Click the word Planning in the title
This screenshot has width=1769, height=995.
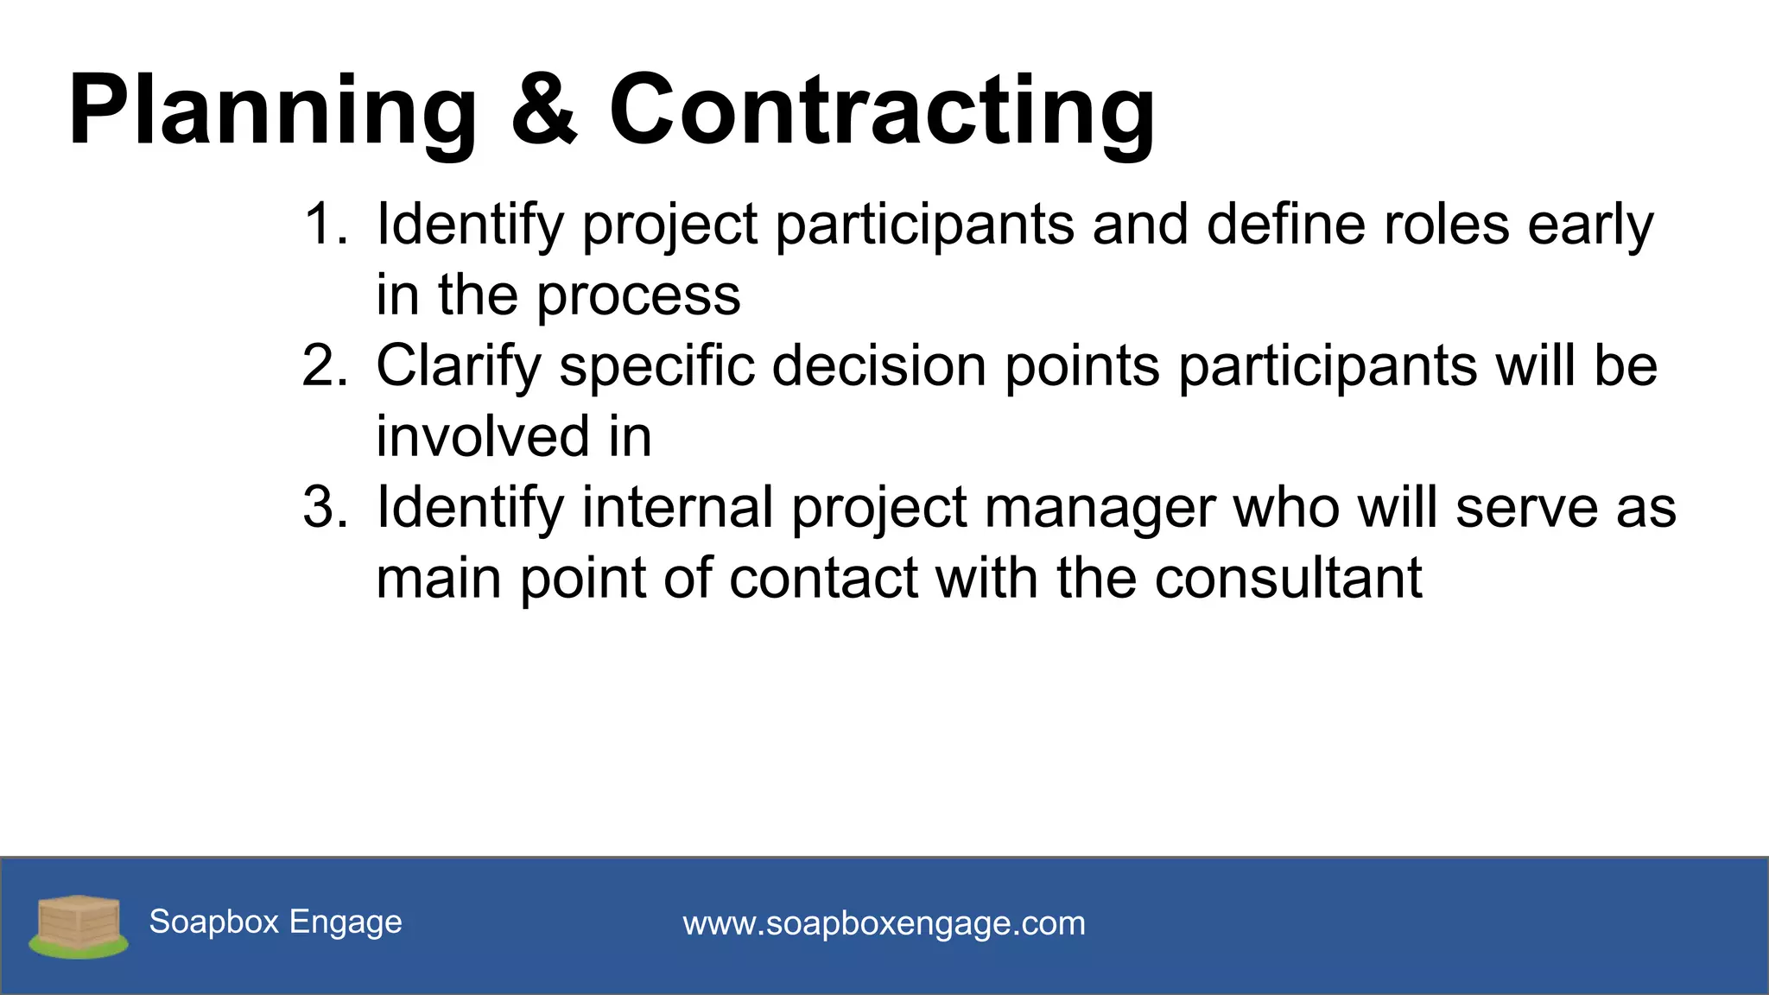[x=272, y=112]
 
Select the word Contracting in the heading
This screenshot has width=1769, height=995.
[x=881, y=112]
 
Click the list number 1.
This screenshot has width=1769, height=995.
[x=324, y=225]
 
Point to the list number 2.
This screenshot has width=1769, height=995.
[x=324, y=365]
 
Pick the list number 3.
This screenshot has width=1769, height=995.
[x=324, y=507]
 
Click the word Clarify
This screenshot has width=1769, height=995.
[x=458, y=367]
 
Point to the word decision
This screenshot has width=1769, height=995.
[x=878, y=365]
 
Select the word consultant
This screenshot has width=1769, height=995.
[x=1288, y=578]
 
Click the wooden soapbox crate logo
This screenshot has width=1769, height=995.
[x=79, y=925]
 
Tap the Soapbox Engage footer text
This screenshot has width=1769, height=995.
[x=276, y=922]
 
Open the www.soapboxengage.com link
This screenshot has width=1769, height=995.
[x=884, y=924]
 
